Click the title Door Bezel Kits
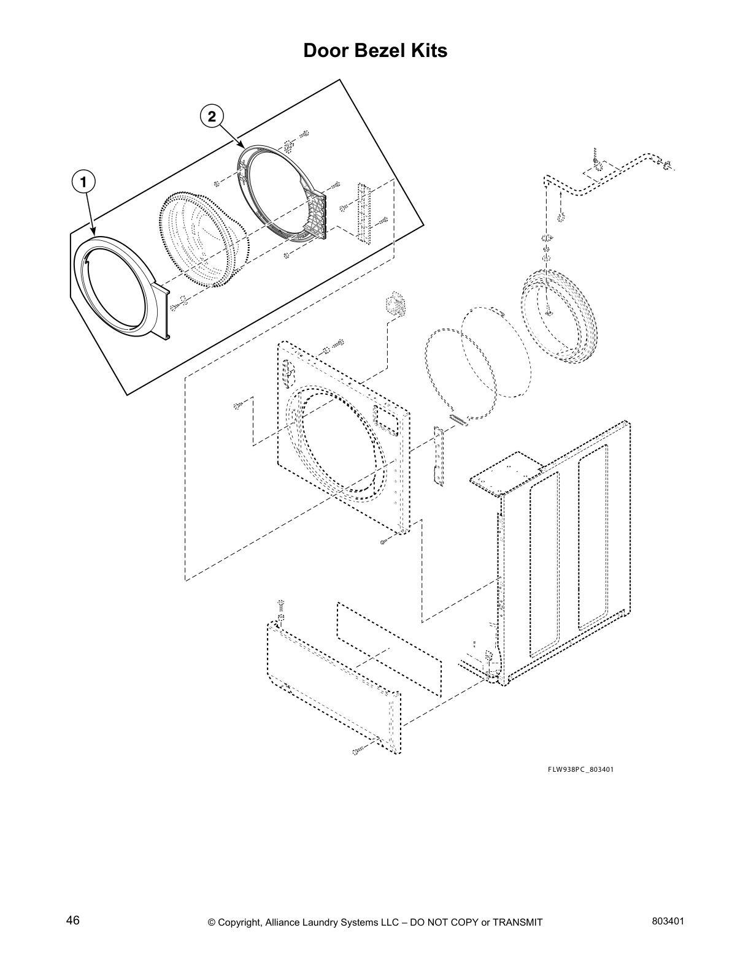375,51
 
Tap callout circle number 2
212,116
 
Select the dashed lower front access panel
331,687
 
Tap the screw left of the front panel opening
240,405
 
